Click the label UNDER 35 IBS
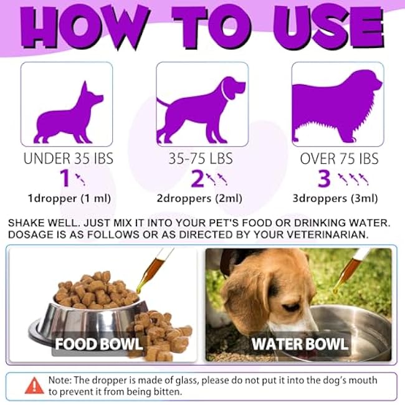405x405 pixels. pyautogui.click(x=69, y=159)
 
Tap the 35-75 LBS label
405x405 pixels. pyautogui.click(x=202, y=159)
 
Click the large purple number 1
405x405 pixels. pyautogui.click(x=64, y=179)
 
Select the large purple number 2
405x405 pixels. pyautogui.click(x=198, y=179)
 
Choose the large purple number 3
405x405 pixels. pyautogui.click(x=323, y=179)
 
